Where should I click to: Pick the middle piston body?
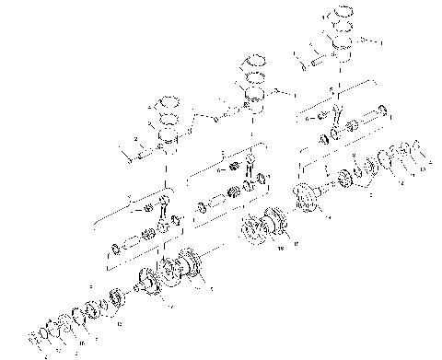[253, 96]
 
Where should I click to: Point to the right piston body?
[342, 52]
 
